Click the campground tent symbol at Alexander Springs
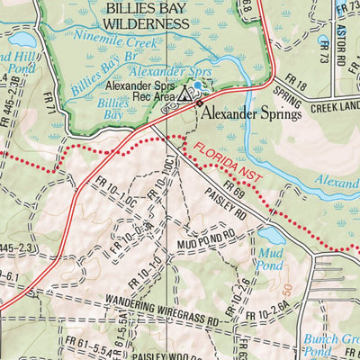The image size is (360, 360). (x=184, y=93)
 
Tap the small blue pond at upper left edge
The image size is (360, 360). (x=22, y=40)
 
